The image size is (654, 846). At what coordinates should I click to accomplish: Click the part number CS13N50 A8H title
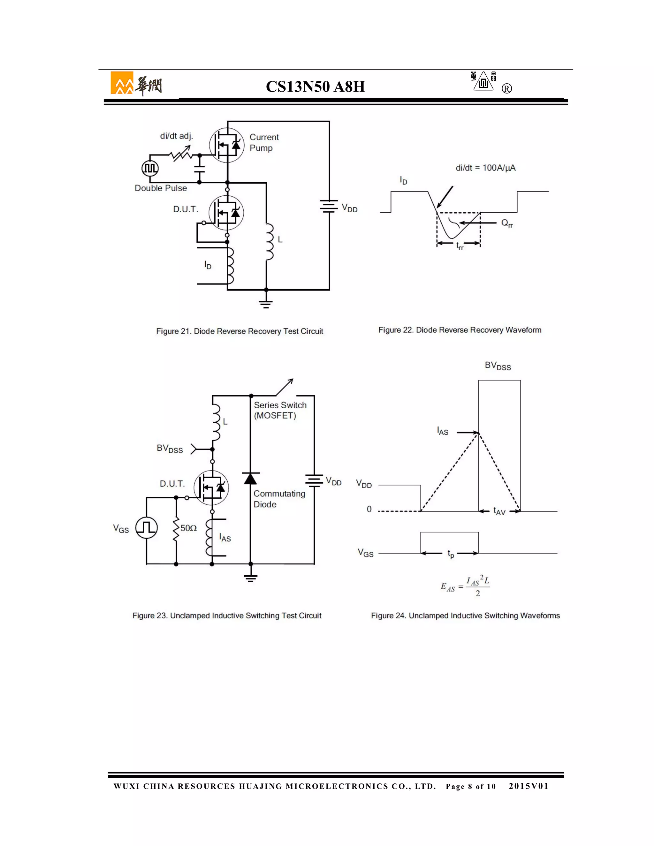[315, 87]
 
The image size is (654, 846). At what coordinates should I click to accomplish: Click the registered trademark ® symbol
[506, 89]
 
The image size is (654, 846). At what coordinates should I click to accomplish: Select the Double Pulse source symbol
[150, 168]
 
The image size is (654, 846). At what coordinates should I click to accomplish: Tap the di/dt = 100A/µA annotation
[485, 168]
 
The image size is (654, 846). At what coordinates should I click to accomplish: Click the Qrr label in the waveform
[507, 223]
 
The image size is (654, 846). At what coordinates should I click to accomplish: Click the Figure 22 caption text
[460, 330]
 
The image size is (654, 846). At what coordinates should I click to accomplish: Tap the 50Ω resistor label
[189, 528]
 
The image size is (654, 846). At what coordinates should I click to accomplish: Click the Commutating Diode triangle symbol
[250, 479]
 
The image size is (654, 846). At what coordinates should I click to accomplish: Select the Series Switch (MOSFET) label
[280, 410]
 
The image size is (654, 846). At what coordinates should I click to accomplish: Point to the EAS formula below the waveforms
[465, 586]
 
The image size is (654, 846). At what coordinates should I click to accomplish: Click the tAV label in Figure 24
[499, 511]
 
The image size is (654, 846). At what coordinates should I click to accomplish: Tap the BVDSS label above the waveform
[498, 366]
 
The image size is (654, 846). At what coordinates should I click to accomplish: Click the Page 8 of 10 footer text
[470, 786]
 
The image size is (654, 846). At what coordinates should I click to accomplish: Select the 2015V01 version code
[529, 786]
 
